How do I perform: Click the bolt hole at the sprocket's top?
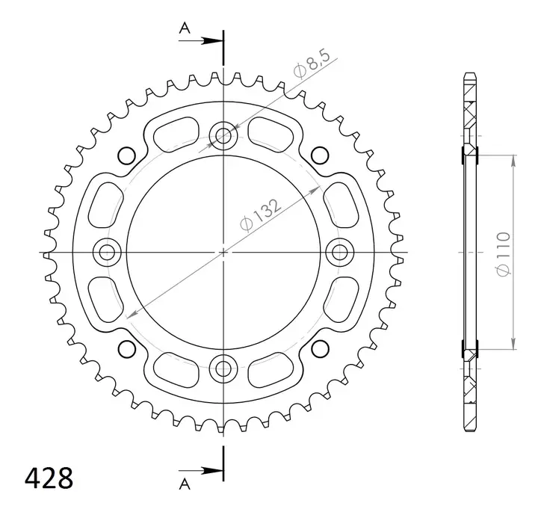click(223, 136)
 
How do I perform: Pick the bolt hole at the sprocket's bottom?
click(223, 367)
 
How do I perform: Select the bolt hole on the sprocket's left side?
click(107, 251)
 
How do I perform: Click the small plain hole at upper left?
click(126, 155)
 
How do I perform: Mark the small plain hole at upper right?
click(320, 155)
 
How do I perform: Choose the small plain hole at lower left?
click(126, 348)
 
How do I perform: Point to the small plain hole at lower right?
click(320, 348)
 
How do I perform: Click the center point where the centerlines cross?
click(223, 252)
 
